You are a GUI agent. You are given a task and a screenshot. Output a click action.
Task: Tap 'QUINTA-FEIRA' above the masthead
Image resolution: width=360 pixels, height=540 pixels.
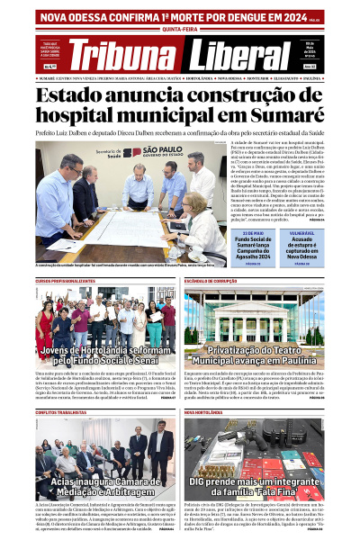click(x=180, y=28)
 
